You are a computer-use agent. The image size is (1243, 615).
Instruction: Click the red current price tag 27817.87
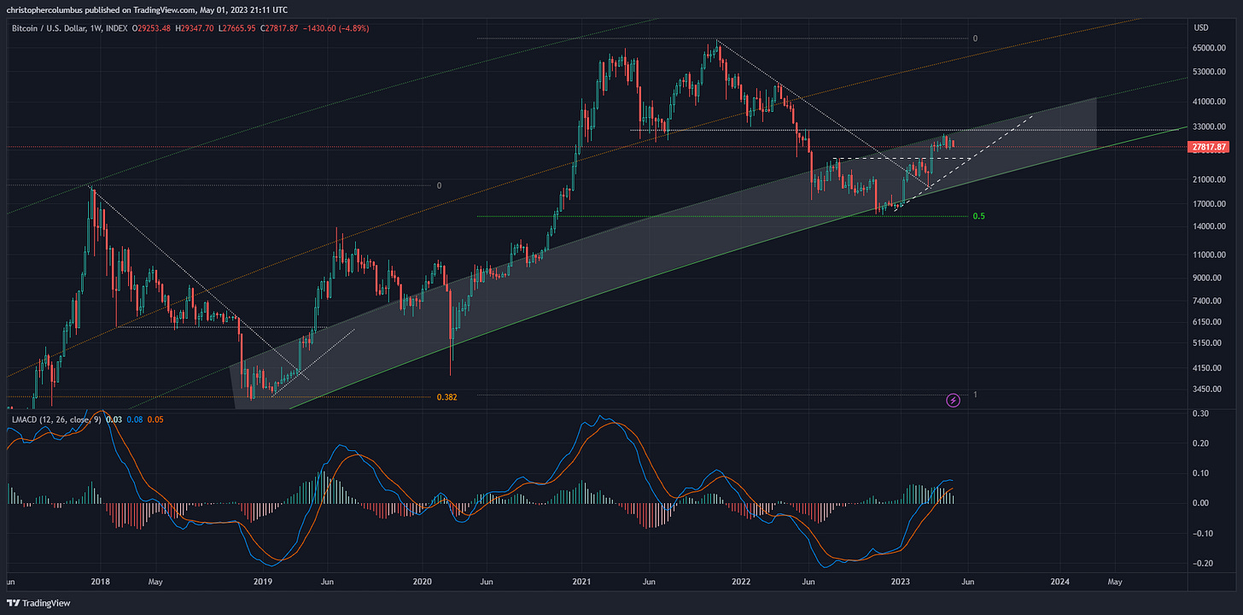point(1208,147)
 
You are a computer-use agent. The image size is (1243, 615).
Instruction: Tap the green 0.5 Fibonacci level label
point(978,217)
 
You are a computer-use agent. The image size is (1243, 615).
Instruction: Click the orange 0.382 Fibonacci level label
point(447,397)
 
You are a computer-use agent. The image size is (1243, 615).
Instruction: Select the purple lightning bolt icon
point(954,400)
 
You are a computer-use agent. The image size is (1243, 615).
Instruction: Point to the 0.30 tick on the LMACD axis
point(1201,413)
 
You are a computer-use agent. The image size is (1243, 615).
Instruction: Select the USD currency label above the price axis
point(1201,28)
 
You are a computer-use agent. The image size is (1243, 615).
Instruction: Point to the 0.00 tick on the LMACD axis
point(1201,503)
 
